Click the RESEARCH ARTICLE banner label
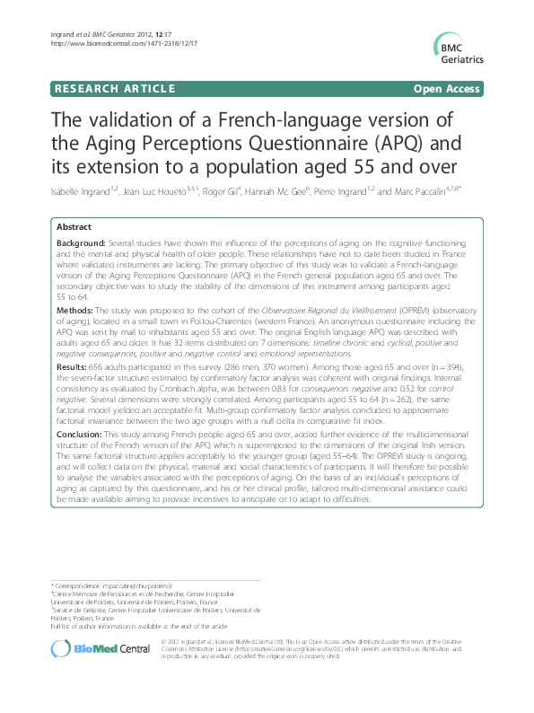pos(115,90)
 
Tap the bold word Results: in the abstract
pos(73,341)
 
